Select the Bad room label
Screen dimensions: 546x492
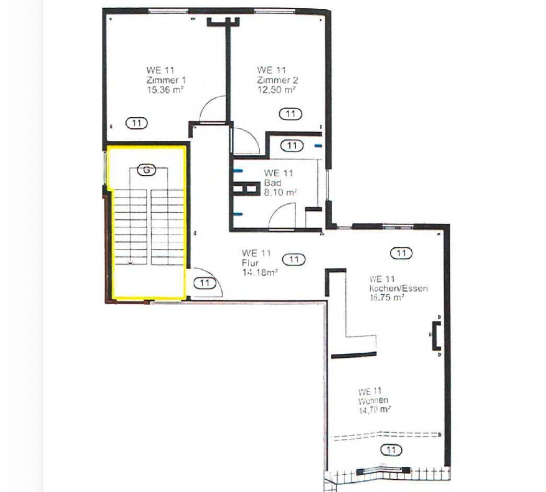[273, 183]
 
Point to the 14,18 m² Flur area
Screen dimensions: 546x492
[260, 272]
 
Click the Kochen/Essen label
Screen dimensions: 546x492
[398, 288]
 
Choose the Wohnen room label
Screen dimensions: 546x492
[373, 401]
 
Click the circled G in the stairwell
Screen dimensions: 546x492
[147, 170]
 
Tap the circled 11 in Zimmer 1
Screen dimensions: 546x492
[136, 123]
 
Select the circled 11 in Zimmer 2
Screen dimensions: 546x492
[291, 114]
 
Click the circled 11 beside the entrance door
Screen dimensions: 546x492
[204, 283]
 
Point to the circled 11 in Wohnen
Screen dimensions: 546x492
[391, 450]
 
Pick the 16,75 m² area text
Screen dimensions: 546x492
[386, 297]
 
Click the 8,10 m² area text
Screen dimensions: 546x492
[280, 193]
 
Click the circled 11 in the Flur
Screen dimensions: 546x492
[294, 259]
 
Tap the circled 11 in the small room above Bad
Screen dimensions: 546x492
[292, 145]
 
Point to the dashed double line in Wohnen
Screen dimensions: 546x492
[387, 435]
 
